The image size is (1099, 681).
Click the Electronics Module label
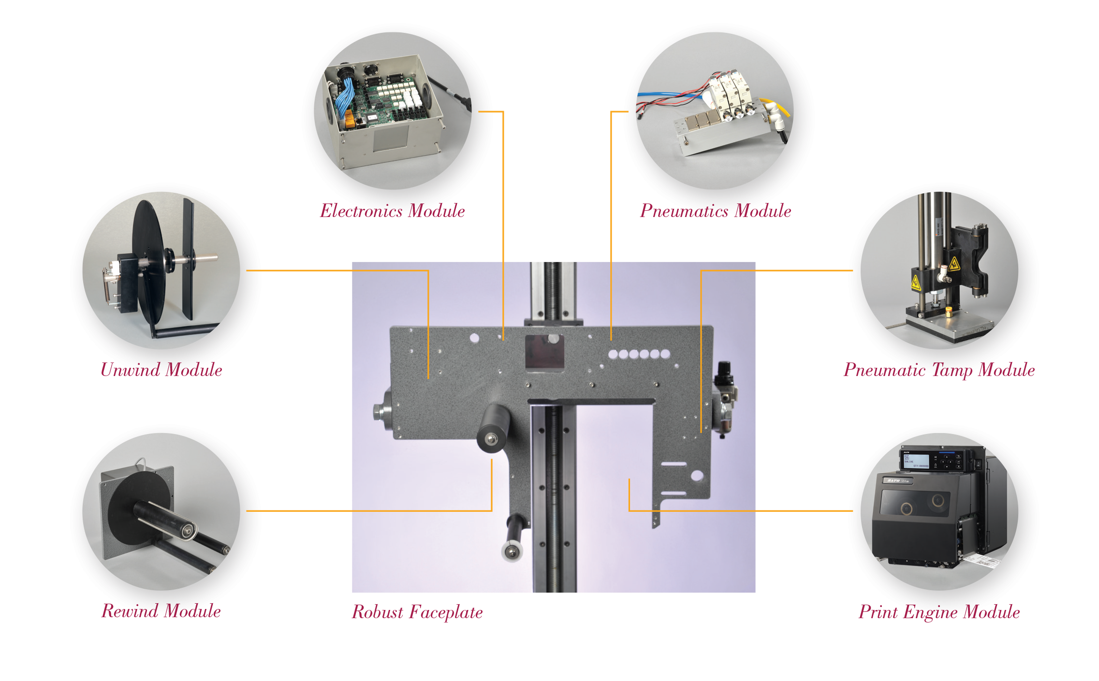click(392, 211)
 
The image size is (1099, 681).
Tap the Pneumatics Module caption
click(716, 211)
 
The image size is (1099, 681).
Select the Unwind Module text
click(161, 370)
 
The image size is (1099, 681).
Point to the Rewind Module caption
click(161, 611)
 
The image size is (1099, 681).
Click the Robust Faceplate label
click(417, 612)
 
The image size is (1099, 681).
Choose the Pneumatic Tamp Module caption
click(939, 370)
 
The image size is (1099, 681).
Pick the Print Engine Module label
click(939, 612)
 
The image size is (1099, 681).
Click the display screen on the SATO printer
click(917, 461)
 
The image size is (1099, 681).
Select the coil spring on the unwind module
click(107, 285)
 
